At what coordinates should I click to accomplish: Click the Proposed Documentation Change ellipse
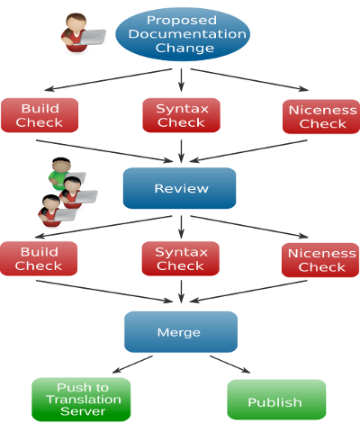183,34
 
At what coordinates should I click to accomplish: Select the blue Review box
179,188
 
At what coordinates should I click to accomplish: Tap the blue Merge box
181,332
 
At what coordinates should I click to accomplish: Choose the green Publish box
276,400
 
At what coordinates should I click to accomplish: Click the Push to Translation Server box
81,400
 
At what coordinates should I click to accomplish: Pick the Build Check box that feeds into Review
40,115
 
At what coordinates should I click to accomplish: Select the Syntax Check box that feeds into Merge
181,258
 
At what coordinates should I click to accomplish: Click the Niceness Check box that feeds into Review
321,117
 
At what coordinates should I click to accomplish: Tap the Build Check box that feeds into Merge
39,258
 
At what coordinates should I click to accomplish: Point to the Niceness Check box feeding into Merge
320,260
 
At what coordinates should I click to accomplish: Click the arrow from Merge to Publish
229,364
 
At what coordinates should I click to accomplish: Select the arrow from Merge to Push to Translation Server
132,364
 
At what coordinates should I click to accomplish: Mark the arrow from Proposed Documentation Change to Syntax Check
181,80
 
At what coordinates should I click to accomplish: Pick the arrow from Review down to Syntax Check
181,227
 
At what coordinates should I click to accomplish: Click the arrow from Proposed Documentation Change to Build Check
108,79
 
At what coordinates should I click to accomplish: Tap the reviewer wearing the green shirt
60,174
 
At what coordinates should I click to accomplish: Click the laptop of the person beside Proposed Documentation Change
93,37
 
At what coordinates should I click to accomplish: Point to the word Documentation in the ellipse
187,34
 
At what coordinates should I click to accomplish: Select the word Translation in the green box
84,400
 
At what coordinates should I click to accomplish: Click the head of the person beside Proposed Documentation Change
76,22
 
